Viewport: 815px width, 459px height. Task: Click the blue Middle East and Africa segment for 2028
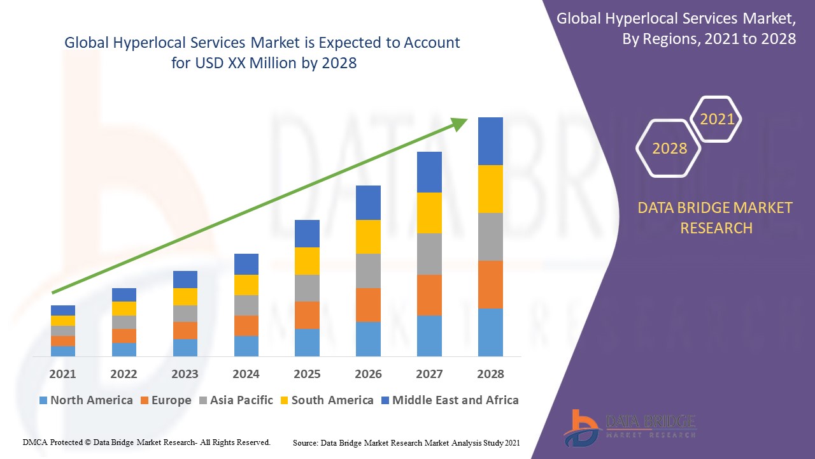[x=490, y=141]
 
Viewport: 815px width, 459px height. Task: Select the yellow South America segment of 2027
[x=429, y=212]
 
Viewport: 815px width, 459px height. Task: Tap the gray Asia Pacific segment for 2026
[x=368, y=270]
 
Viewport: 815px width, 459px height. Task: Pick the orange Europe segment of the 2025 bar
[x=307, y=315]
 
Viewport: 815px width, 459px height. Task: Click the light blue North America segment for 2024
[x=246, y=346]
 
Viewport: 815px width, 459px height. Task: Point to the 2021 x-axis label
[x=62, y=374]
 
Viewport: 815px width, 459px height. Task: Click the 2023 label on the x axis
[x=185, y=374]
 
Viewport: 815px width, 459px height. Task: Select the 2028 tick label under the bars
[x=490, y=374]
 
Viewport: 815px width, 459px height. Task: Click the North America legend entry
[x=86, y=400]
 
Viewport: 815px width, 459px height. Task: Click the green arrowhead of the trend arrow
[x=460, y=123]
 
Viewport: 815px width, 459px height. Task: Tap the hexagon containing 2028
[x=669, y=148]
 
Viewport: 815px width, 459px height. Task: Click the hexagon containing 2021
[x=716, y=119]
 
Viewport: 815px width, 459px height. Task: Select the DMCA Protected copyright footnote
[x=146, y=442]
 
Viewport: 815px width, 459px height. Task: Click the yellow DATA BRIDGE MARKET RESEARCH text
[x=716, y=217]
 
